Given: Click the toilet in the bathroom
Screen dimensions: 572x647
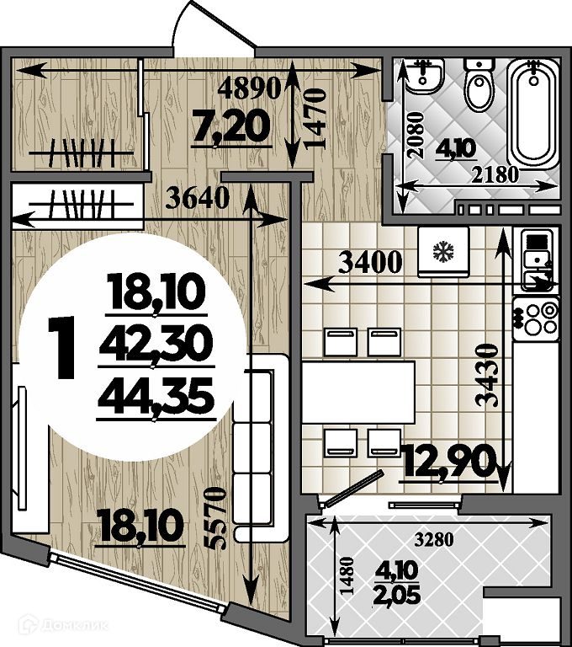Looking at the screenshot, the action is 479,84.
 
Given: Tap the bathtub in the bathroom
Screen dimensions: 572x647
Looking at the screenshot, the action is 533,114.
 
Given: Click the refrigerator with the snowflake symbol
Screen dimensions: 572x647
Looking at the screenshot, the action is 443,251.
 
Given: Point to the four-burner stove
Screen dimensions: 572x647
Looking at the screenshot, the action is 536,318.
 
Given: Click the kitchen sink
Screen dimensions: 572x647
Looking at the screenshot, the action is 537,260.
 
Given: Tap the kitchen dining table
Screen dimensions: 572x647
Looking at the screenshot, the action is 358,392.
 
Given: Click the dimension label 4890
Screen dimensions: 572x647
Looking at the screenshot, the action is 249,88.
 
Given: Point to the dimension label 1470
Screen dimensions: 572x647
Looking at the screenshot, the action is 315,119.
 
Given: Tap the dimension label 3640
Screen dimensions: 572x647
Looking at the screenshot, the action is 197,198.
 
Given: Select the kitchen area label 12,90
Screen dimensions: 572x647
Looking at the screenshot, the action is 449,461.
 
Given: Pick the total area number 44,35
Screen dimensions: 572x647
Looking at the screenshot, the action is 156,395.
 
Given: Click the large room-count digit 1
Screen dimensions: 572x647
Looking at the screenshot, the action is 61,347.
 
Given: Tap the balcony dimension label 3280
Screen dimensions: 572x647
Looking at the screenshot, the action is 434,539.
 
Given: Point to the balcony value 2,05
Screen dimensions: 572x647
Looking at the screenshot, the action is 396,596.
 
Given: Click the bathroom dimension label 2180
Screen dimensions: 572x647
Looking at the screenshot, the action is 495,175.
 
